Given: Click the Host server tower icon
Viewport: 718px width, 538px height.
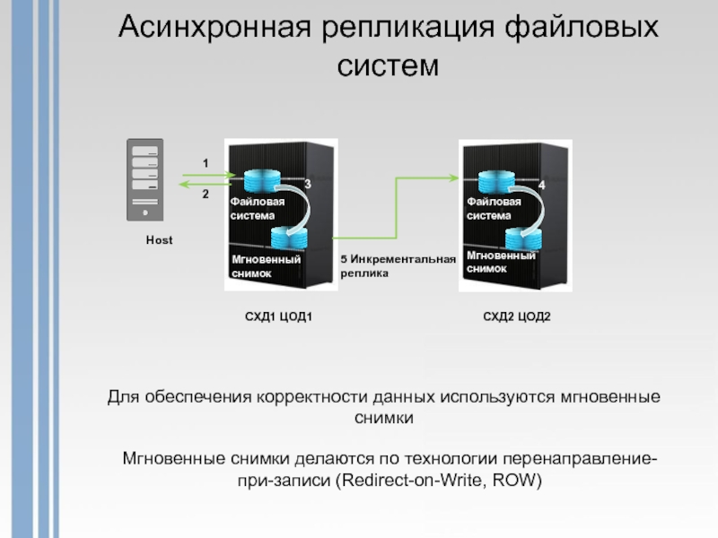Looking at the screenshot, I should (144, 179).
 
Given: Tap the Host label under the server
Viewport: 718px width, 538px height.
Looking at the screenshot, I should (159, 241).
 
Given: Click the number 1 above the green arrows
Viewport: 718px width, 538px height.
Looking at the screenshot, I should (205, 163).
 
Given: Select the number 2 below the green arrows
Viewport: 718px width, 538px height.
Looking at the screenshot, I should (205, 194).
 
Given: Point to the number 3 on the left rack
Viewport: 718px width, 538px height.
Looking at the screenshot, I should (308, 184).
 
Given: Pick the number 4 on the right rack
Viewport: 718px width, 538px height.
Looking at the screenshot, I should (542, 184).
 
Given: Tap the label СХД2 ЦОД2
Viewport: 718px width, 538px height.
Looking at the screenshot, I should (516, 317).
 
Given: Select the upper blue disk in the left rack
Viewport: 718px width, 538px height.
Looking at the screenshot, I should (250, 178).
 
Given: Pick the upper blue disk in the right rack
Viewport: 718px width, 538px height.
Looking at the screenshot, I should (486, 178).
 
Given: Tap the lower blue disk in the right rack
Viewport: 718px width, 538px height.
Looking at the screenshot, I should (524, 239).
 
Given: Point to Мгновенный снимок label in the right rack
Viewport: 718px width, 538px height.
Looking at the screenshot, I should (500, 262).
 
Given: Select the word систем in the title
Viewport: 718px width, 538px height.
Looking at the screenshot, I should (389, 65).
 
